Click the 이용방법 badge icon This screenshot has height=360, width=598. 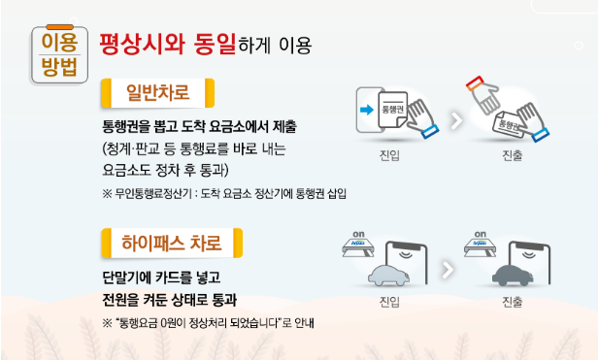tap(59, 54)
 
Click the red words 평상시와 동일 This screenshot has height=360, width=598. tap(167, 45)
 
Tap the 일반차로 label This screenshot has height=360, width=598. tap(158, 93)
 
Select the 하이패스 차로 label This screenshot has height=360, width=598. tap(172, 243)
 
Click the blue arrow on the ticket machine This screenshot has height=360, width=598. tap(367, 111)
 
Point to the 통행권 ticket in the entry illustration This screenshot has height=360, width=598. tap(392, 111)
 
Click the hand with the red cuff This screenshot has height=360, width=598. tap(483, 94)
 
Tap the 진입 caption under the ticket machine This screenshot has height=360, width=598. tap(389, 155)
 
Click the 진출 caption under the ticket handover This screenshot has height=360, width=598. tap(512, 155)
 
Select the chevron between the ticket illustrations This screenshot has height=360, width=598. tap(456, 121)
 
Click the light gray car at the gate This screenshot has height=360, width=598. tap(388, 276)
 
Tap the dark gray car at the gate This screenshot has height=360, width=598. tap(513, 275)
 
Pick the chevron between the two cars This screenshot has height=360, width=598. tap(448, 270)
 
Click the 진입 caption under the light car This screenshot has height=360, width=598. tap(389, 302)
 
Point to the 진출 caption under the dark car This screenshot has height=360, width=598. tap(512, 302)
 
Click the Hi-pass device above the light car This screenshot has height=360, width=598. tap(357, 247)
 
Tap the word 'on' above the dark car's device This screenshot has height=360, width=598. tap(481, 234)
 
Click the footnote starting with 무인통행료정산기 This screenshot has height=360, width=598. tap(224, 194)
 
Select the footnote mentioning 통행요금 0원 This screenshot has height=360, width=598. tap(208, 323)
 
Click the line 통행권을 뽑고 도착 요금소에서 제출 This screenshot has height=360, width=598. tap(199, 126)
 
